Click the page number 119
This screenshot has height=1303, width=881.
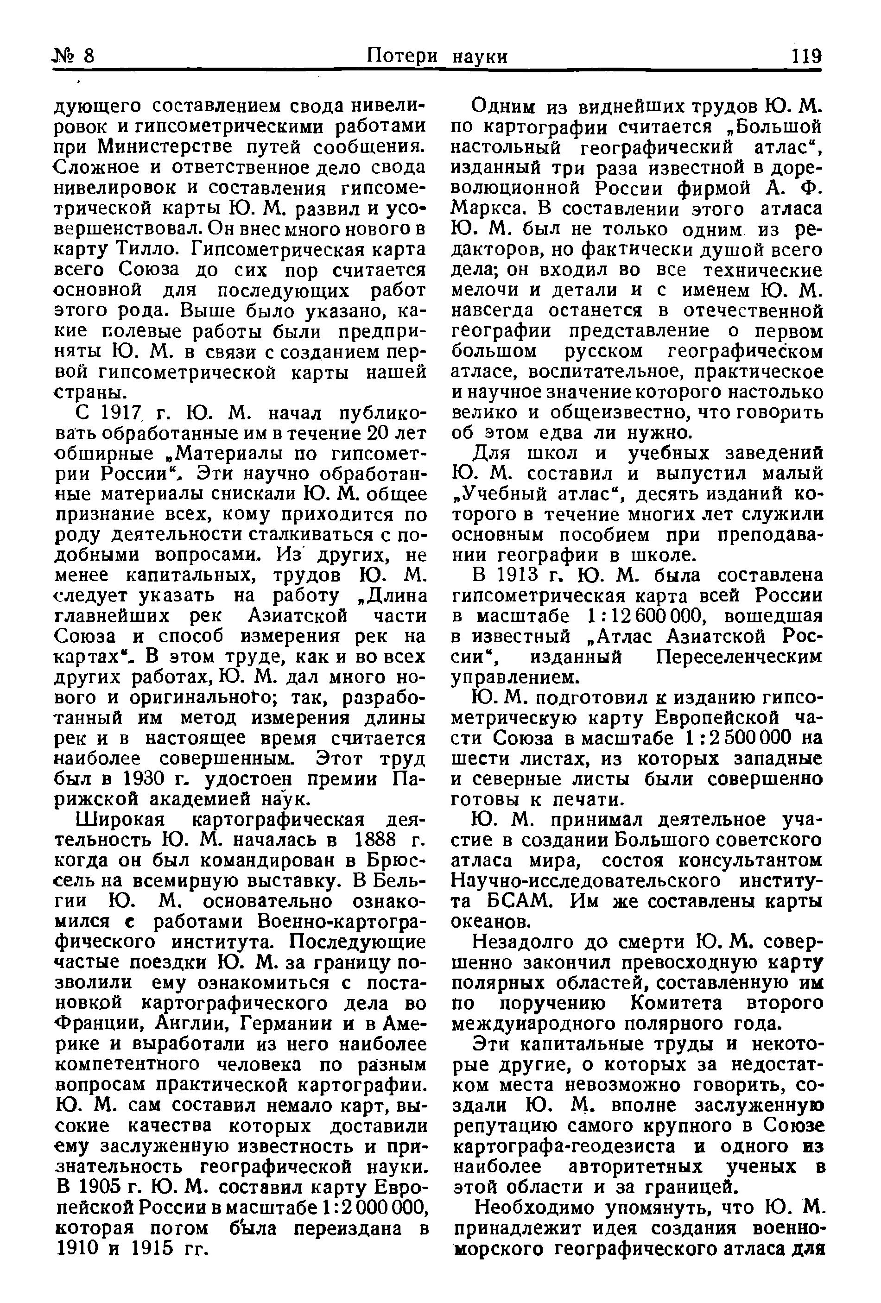coord(806,57)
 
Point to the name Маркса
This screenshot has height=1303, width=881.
coord(487,209)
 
